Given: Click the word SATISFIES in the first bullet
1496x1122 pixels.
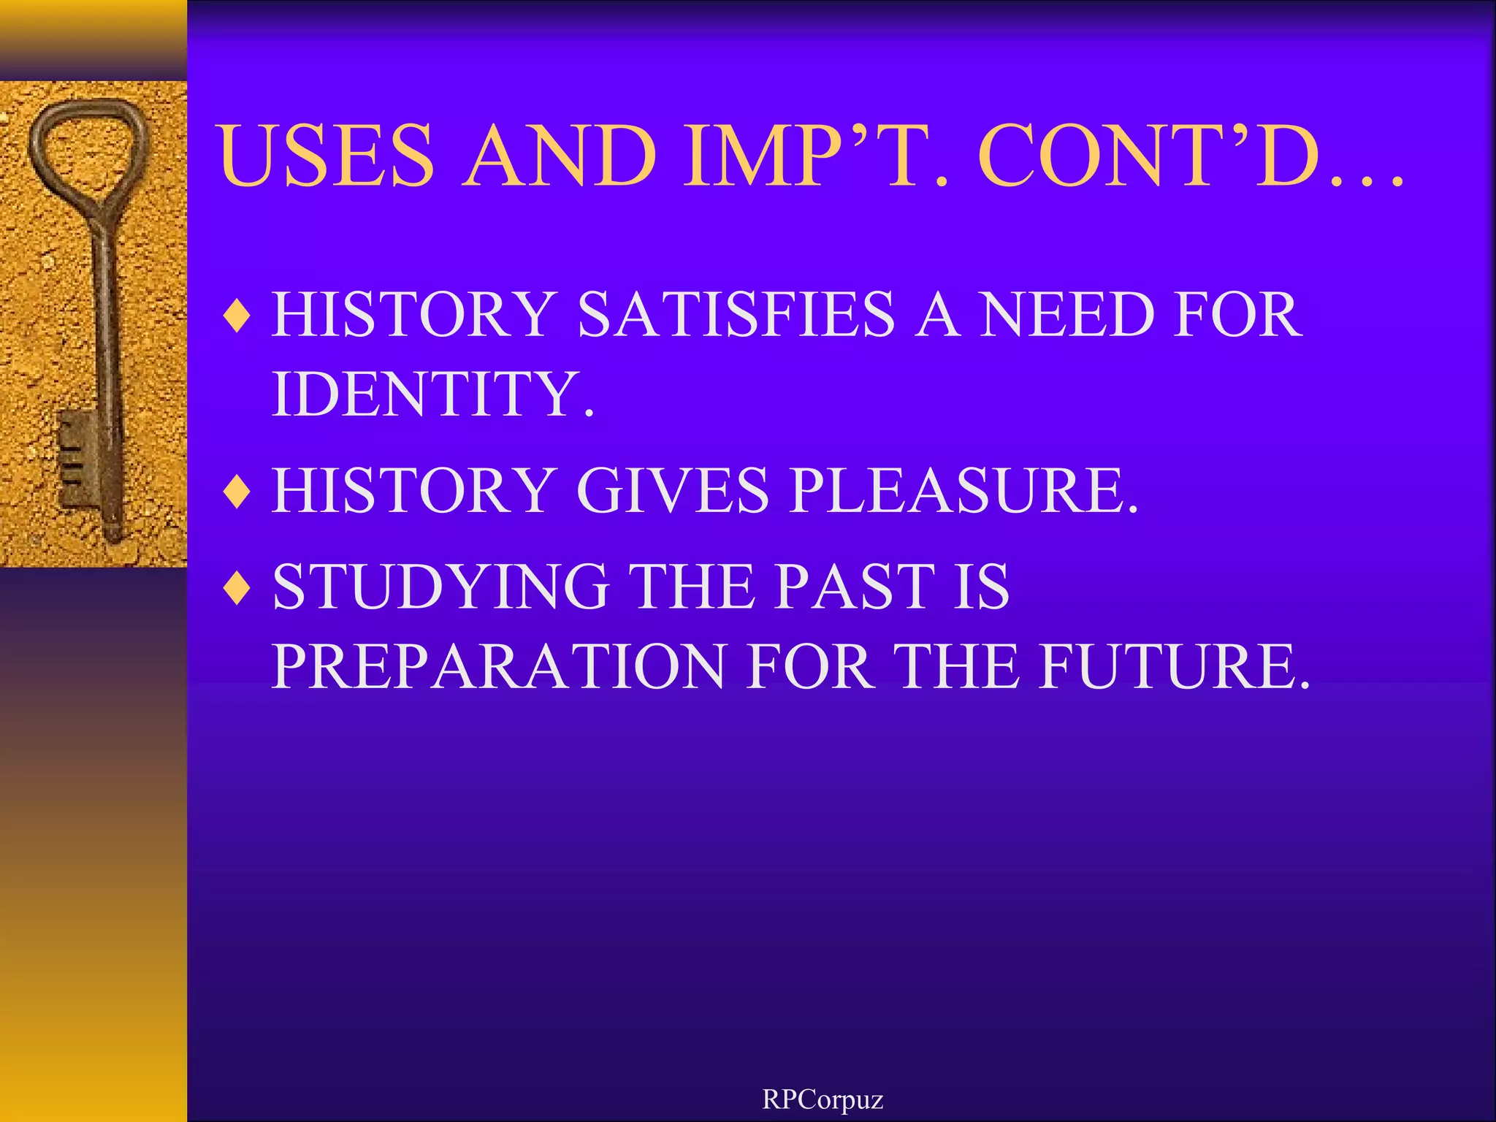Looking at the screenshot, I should coord(736,315).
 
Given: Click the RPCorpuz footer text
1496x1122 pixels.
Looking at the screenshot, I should coord(823,1099).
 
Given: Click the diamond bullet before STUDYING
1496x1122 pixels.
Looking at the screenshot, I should coord(237,589).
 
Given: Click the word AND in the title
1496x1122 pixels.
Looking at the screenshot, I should coord(559,155).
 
